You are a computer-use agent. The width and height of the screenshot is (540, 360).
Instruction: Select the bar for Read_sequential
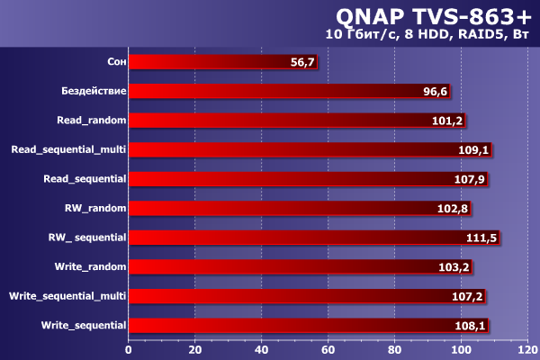click(x=288, y=179)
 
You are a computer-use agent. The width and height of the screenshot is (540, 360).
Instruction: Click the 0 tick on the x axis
click(x=129, y=349)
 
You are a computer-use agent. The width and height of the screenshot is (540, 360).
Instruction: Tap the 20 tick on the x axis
click(x=195, y=349)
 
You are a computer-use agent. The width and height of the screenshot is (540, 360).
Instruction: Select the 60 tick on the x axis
click(x=328, y=349)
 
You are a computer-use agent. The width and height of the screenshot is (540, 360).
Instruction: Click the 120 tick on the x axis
click(x=526, y=349)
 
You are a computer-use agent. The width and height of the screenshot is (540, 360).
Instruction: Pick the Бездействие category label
click(x=94, y=91)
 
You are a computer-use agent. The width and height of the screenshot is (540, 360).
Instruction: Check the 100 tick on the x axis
click(x=461, y=349)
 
